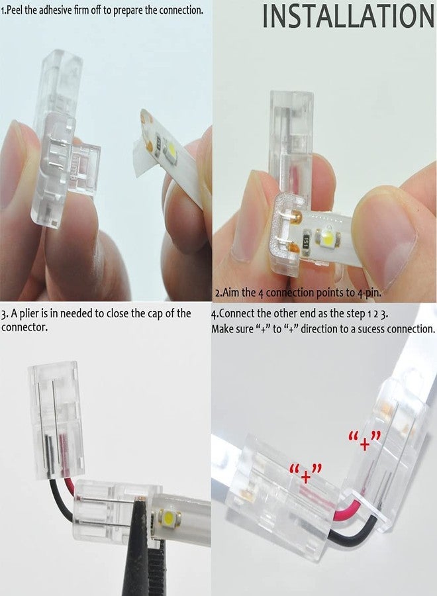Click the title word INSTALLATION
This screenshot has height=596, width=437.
point(348,16)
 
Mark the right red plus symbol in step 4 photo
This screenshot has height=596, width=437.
point(365,442)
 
